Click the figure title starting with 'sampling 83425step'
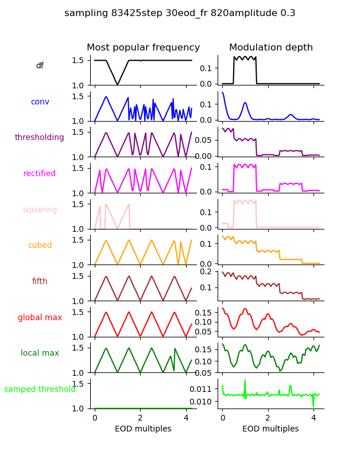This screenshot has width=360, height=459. [180, 13]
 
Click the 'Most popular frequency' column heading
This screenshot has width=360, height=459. [144, 48]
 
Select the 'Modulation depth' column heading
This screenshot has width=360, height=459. [271, 48]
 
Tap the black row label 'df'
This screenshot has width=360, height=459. [40, 66]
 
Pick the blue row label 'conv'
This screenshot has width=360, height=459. [40, 102]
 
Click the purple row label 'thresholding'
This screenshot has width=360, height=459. [40, 138]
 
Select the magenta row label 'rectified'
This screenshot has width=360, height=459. [40, 174]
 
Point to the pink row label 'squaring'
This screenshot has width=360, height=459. [40, 210]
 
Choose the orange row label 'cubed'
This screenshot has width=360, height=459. [40, 246]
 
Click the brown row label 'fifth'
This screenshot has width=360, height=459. [40, 282]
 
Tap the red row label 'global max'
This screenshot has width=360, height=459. [40, 318]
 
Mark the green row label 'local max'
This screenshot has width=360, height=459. [40, 353]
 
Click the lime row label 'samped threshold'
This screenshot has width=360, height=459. [40, 390]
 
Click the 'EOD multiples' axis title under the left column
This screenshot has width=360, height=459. [143, 429]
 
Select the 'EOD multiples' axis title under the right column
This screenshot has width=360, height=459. [270, 429]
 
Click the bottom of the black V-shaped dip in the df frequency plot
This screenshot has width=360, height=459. [118, 85]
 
